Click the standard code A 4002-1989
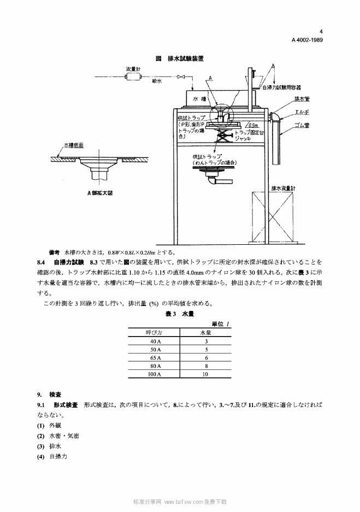(x=306, y=40)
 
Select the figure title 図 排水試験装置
(x=180, y=58)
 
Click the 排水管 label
(x=302, y=99)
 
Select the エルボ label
(x=302, y=111)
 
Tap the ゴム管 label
(x=302, y=125)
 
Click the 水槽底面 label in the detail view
(x=73, y=146)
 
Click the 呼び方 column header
(x=154, y=332)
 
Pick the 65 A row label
(x=154, y=357)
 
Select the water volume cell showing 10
(x=205, y=374)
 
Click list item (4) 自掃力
(x=52, y=456)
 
